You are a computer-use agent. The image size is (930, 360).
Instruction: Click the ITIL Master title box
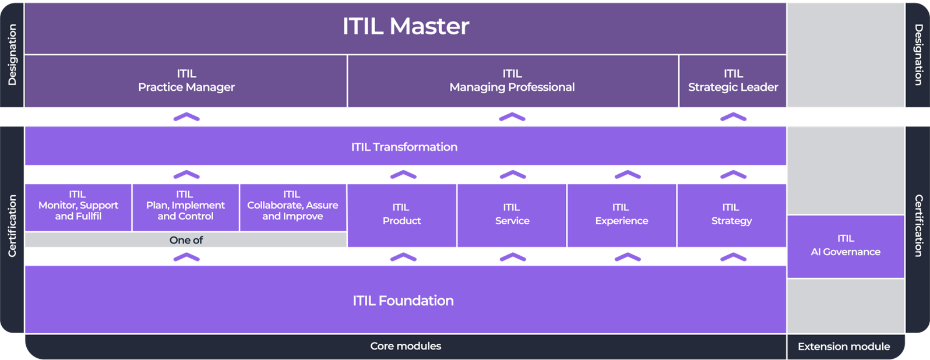click(406, 27)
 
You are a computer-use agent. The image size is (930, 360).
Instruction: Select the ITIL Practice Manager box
click(186, 81)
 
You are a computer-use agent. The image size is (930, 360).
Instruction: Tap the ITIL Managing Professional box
click(512, 81)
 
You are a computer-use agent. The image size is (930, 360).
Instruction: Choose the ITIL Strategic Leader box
click(732, 81)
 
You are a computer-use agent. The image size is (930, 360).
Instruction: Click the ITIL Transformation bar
click(404, 147)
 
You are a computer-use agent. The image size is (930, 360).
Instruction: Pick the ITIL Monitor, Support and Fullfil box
click(78, 206)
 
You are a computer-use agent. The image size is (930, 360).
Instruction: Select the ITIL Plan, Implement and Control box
click(185, 206)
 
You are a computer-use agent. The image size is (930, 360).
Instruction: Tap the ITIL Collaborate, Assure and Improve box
click(293, 206)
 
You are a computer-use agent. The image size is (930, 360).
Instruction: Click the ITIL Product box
click(401, 214)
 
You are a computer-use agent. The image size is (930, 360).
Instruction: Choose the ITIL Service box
click(512, 214)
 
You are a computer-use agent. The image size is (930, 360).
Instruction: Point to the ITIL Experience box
click(621, 214)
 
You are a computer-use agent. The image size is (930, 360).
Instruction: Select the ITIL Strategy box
click(731, 214)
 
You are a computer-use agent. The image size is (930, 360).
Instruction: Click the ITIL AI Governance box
click(846, 246)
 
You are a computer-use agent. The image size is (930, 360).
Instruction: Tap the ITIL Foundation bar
click(403, 301)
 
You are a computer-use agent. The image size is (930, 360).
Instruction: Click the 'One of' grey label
click(186, 240)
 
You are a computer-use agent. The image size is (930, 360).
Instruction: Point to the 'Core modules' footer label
click(406, 346)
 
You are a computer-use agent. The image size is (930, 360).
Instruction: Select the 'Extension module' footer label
click(844, 347)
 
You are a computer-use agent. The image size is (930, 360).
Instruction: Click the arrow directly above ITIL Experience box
click(628, 175)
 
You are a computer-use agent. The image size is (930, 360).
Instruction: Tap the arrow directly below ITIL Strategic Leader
click(733, 117)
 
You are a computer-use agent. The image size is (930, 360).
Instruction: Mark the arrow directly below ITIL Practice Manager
click(186, 117)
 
